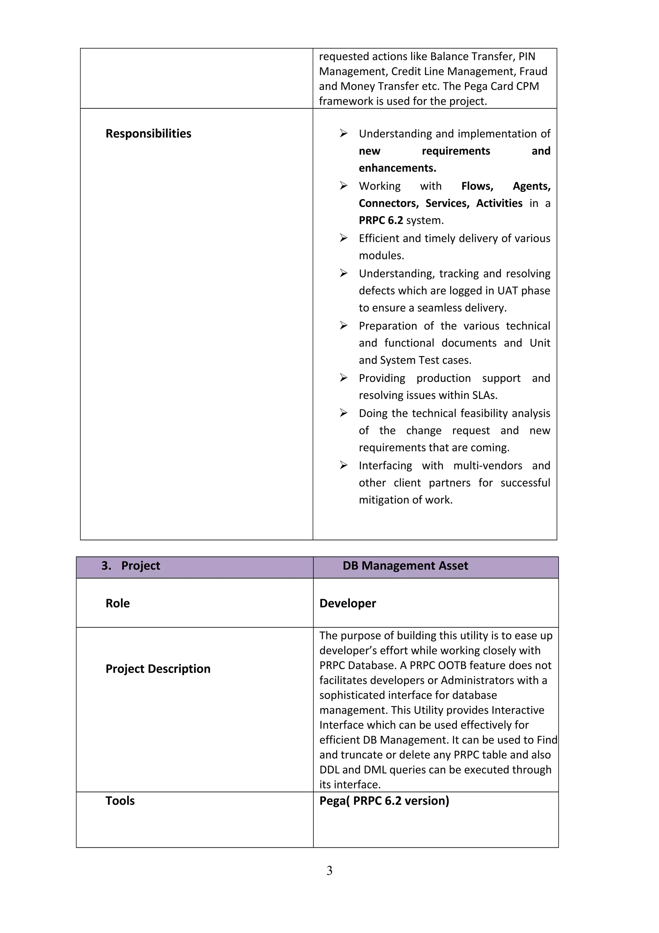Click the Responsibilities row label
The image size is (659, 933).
coord(148,134)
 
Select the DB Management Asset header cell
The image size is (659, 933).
coord(405,566)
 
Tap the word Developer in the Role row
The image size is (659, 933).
coord(348,603)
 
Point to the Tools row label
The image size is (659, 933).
coord(120,801)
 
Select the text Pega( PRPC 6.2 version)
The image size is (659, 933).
coord(384,801)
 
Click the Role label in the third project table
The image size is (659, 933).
coord(118,603)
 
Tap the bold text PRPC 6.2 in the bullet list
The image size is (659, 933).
coord(380,220)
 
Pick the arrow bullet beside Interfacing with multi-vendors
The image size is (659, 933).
coord(344,465)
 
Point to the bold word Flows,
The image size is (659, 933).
coord(477,186)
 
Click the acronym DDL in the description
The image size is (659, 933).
coord(329,770)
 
